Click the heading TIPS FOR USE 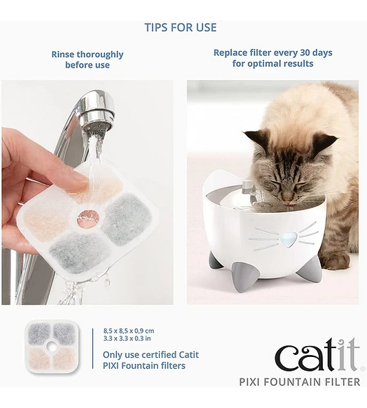click(180, 28)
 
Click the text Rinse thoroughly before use click(87, 59)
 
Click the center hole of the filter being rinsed click(88, 217)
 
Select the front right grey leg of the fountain click(308, 268)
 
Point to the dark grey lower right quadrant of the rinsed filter click(127, 220)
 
